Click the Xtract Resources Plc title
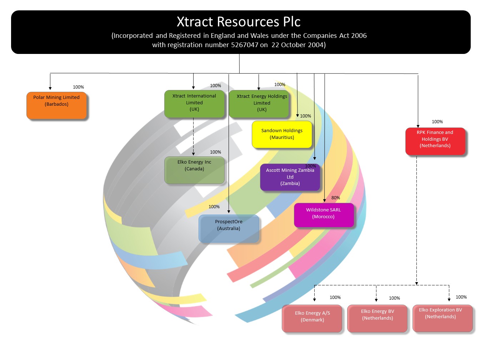[239, 22]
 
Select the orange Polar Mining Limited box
[56, 105]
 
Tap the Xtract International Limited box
[194, 104]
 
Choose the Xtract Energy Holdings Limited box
[259, 104]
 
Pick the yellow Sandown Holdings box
[282, 134]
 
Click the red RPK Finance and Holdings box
[435, 141]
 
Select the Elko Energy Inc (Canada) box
[194, 170]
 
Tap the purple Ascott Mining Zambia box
[290, 177]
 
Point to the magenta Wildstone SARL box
[324, 215]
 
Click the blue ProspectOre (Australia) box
[229, 228]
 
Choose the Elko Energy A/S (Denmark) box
[312, 318]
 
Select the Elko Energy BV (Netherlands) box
[377, 318]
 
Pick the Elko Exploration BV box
[442, 317]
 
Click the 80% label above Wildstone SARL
[335, 198]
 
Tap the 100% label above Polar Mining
[78, 87]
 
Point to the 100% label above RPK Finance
[437, 122]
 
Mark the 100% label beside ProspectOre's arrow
[214, 207]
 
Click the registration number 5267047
[245, 45]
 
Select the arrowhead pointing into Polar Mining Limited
[50, 88]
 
